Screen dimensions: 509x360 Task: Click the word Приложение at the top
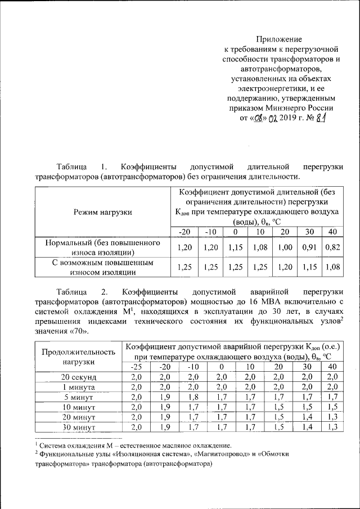click(x=280, y=39)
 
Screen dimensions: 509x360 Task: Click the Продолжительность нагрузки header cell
click(x=79, y=357)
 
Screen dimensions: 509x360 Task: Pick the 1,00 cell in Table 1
click(x=285, y=247)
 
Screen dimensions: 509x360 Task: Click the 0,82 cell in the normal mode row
click(x=332, y=247)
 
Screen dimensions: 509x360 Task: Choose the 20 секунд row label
click(x=79, y=377)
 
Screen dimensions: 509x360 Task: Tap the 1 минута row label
click(x=79, y=387)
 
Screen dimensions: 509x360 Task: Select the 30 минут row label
click(x=79, y=427)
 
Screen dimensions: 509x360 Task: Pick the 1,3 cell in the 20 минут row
click(x=332, y=417)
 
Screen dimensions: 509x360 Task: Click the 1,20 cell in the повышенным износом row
click(x=285, y=268)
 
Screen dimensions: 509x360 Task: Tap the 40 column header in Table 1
click(x=332, y=232)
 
